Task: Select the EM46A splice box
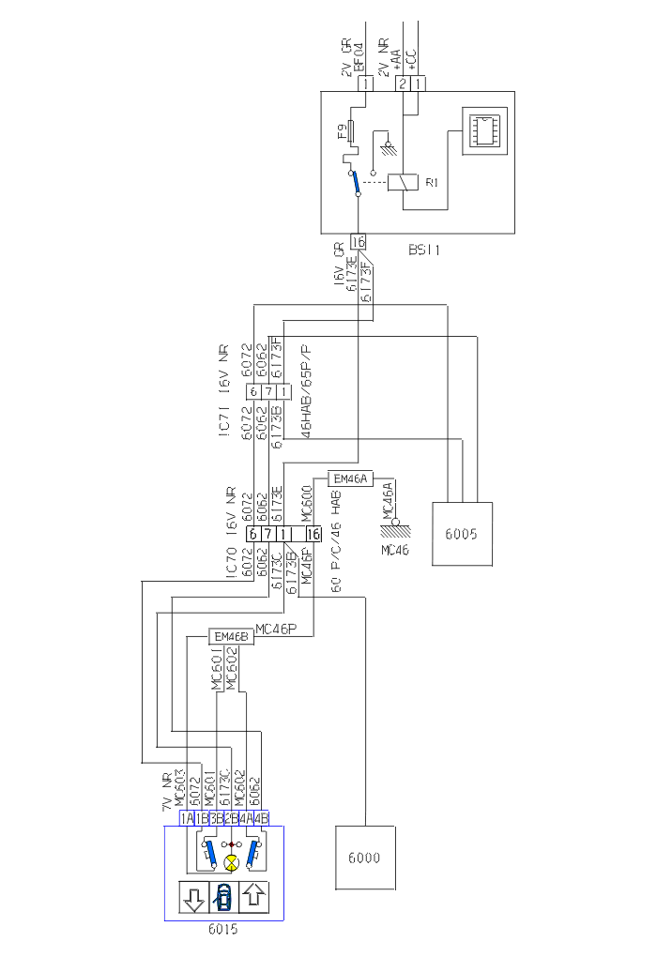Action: pos(350,479)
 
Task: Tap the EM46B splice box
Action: pos(231,638)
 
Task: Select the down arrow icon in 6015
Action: pos(193,898)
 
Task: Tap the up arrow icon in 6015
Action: pos(253,898)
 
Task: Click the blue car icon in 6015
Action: pos(223,898)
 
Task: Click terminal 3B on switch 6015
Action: pos(216,817)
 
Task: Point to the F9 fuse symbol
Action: pos(350,130)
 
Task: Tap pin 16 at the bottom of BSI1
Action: pos(358,240)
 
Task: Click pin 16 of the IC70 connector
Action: pos(313,534)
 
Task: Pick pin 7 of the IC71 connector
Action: pos(267,390)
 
